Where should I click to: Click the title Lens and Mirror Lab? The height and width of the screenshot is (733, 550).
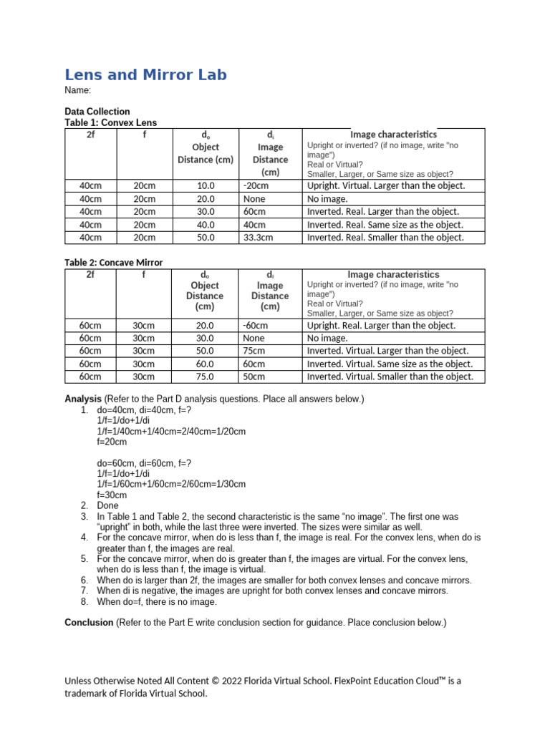click(145, 74)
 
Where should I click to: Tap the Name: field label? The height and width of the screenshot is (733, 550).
click(77, 91)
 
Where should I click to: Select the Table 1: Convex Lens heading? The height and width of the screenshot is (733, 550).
click(110, 122)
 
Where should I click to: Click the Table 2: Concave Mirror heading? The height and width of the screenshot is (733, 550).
click(113, 263)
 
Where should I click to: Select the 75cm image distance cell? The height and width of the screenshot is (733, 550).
click(254, 351)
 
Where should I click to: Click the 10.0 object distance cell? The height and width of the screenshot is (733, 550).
click(206, 185)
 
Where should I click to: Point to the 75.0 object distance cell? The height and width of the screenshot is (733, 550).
click(205, 377)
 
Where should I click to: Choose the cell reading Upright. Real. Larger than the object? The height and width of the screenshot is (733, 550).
click(381, 325)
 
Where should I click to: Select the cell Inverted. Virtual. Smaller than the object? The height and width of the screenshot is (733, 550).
click(390, 377)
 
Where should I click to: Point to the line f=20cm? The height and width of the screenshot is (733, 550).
click(112, 442)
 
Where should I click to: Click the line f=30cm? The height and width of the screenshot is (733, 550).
click(112, 495)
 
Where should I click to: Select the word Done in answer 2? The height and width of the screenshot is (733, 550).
click(107, 505)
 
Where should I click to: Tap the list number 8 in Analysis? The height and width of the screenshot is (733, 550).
click(84, 602)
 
